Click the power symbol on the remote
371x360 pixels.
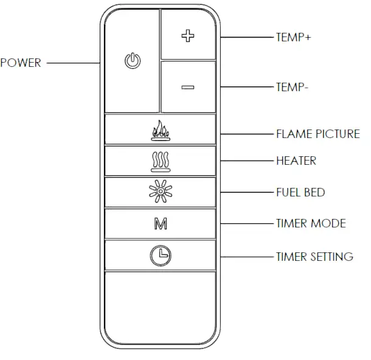coord(133,61)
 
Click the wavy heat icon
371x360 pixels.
coord(160,161)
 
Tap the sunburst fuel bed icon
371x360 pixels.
coord(160,193)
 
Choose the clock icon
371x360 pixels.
coord(160,256)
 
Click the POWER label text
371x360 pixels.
coord(21,63)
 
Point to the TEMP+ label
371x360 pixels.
coord(293,37)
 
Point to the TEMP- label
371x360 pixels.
coord(293,87)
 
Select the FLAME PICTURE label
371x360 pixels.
coord(318,134)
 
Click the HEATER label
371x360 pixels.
coord(296,161)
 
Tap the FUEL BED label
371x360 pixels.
coord(300,192)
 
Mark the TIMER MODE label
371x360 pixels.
coord(311,223)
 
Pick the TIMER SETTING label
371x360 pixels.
coord(314,257)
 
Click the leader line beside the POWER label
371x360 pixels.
coord(73,63)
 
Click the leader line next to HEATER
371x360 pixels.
coord(246,161)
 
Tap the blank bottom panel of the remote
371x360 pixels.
coord(160,307)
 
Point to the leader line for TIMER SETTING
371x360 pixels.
coord(246,257)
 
